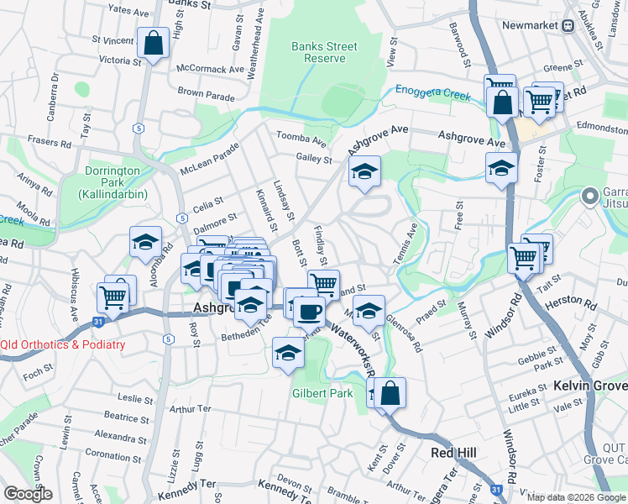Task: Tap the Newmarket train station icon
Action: pos(568,25)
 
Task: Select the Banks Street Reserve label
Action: pos(318,52)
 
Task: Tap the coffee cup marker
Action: pos(309,311)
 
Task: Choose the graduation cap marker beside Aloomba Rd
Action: pos(145,242)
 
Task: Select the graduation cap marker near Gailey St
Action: pos(364,171)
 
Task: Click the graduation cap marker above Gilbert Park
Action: pos(288,353)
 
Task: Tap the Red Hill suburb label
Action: pos(453,453)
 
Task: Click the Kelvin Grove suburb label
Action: pos(590,386)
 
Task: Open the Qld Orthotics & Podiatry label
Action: pos(63,344)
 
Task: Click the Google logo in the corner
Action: pos(28,494)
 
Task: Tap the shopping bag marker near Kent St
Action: pos(390,392)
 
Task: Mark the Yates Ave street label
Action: pos(129,10)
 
